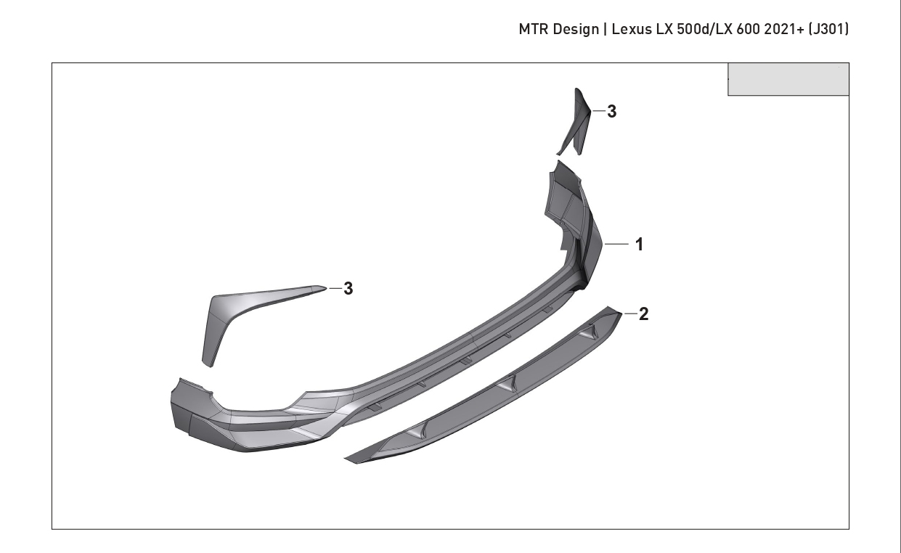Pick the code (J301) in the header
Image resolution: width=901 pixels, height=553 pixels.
click(x=828, y=29)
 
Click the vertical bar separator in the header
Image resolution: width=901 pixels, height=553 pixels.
click(x=606, y=29)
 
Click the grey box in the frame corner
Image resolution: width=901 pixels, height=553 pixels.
click(x=788, y=79)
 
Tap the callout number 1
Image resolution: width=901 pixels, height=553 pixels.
click(x=639, y=244)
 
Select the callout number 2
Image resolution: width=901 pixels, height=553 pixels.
click(x=643, y=314)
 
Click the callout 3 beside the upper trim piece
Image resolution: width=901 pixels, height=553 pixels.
click(x=612, y=112)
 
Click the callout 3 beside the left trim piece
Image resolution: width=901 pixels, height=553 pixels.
click(x=348, y=288)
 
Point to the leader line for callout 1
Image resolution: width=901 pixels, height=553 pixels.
click(x=616, y=244)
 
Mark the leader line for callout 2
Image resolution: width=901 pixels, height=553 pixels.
click(x=630, y=314)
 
